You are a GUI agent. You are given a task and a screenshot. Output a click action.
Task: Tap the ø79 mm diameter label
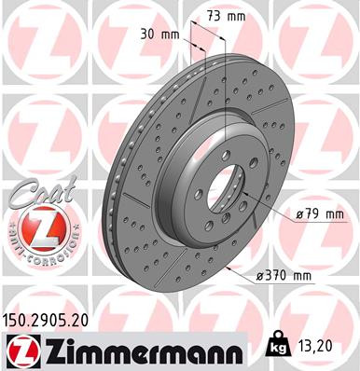click(x=319, y=213)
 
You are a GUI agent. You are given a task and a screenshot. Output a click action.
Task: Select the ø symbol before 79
click(x=298, y=213)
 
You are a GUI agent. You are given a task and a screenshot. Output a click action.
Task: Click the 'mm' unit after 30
click(x=170, y=35)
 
